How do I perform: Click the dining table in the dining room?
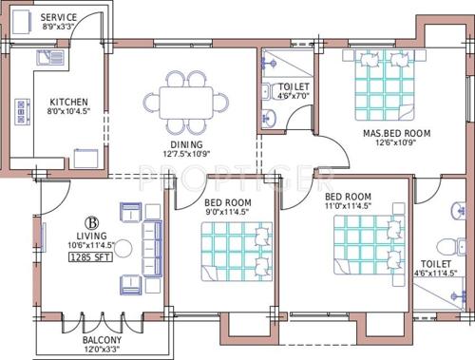tap(186, 101)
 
